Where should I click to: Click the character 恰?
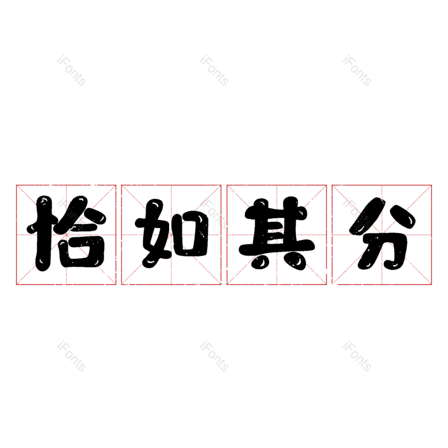tap(66, 234)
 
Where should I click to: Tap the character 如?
tap(171, 234)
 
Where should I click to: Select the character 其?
tap(277, 234)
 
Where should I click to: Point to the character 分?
tap(382, 234)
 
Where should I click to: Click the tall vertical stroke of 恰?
tap(44, 234)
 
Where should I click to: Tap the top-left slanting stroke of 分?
tap(367, 216)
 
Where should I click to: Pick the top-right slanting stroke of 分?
tap(402, 217)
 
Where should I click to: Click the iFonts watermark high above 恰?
tap(71, 71)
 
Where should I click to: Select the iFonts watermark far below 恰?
tap(71, 356)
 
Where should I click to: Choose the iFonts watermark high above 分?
tap(357, 71)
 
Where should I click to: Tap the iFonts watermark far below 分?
tap(357, 356)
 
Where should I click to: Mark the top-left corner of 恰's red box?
tap(16, 185)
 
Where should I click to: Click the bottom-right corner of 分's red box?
tap(431, 284)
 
